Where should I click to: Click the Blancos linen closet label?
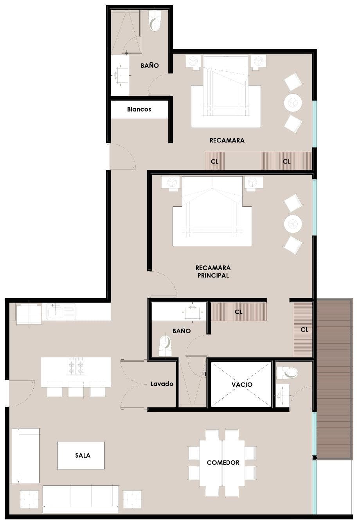[139, 109]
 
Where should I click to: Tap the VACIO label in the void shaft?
[242, 384]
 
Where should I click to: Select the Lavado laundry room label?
[162, 384]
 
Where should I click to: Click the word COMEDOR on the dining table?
[223, 462]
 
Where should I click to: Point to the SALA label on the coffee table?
[83, 455]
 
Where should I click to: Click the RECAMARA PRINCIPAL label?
[213, 271]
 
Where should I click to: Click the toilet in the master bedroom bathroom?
[166, 345]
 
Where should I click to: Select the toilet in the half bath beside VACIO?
[287, 373]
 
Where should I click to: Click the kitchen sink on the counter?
[61, 312]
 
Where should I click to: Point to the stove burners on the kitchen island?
[76, 366]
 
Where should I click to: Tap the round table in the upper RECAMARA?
[293, 103]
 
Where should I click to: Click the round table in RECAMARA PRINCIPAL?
[293, 224]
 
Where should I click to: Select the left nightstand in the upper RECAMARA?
[193, 62]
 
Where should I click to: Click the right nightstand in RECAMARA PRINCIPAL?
[254, 183]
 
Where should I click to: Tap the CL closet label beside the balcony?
[304, 330]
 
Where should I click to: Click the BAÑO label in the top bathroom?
[149, 65]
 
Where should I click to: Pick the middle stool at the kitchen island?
[76, 389]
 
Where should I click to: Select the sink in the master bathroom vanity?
[193, 312]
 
